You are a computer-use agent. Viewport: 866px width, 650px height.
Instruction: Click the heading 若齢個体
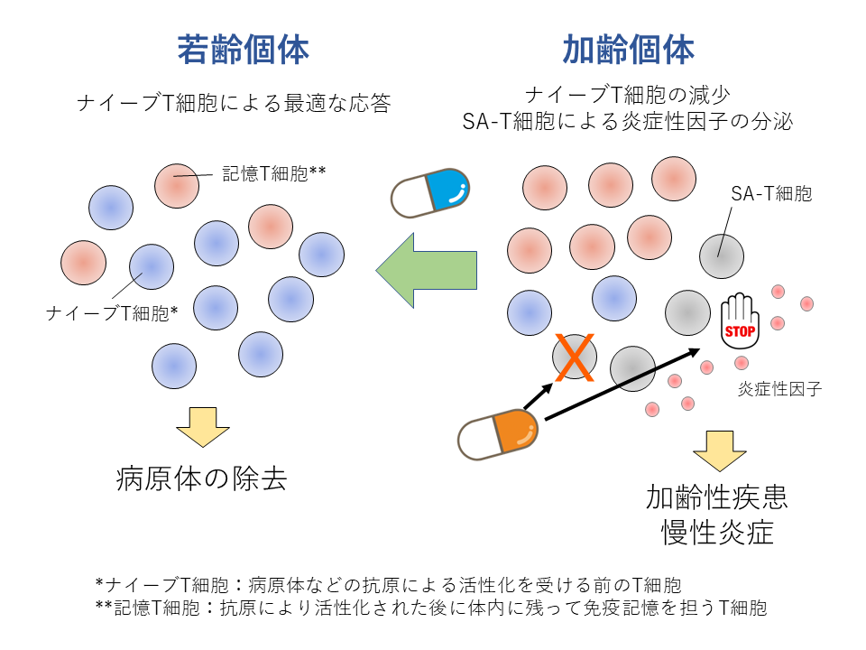pyautogui.click(x=243, y=50)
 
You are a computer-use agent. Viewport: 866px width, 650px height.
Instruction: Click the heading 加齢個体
pyautogui.click(x=629, y=50)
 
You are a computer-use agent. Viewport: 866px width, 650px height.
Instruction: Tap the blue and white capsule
pyautogui.click(x=429, y=193)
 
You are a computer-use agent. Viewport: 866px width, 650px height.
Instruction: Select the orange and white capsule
pyautogui.click(x=498, y=435)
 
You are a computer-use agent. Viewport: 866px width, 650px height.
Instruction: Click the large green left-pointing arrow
pyautogui.click(x=427, y=270)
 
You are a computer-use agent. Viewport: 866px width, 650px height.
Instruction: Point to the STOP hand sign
pyautogui.click(x=740, y=321)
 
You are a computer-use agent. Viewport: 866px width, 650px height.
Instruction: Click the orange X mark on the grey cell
pyautogui.click(x=575, y=357)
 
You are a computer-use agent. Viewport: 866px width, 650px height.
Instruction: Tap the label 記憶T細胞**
pyautogui.click(x=274, y=173)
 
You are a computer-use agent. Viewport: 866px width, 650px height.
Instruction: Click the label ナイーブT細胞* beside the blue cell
pyautogui.click(x=112, y=313)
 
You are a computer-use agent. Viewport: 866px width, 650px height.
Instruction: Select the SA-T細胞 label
pyautogui.click(x=771, y=193)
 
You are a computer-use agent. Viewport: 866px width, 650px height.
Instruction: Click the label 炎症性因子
pyautogui.click(x=779, y=389)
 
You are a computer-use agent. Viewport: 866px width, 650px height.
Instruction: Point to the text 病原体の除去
pyautogui.click(x=201, y=478)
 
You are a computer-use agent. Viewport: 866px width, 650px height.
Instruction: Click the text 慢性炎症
pyautogui.click(x=717, y=533)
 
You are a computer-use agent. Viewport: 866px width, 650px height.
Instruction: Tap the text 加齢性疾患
pyautogui.click(x=717, y=497)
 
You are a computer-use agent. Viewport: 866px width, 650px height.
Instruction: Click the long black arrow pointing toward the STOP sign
pyautogui.click(x=622, y=385)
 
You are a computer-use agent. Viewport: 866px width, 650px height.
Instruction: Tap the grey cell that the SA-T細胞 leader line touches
pyautogui.click(x=722, y=256)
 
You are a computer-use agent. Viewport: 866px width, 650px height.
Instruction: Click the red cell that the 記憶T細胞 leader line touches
pyautogui.click(x=177, y=186)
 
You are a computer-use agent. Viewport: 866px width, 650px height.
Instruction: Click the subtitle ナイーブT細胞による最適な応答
pyautogui.click(x=235, y=103)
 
